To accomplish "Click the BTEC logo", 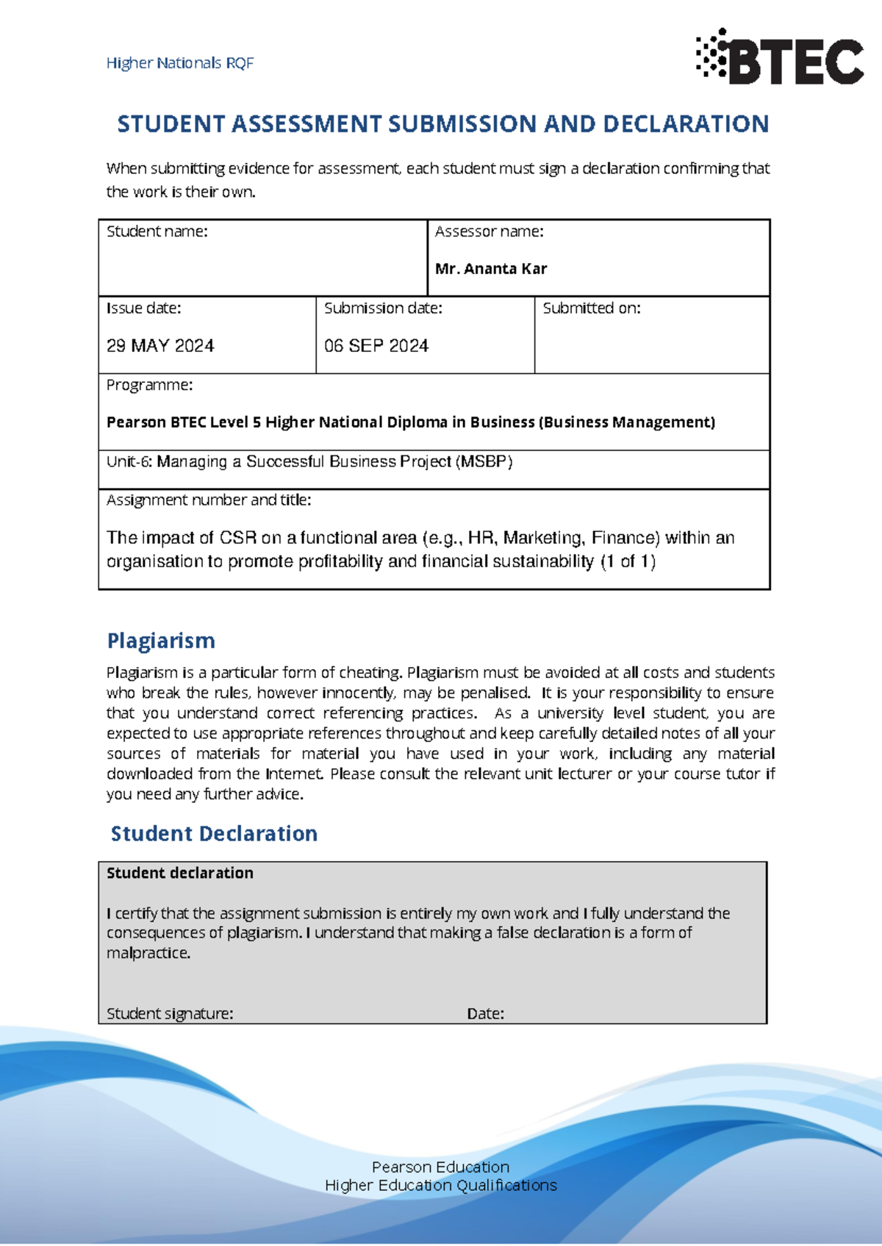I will click(781, 58).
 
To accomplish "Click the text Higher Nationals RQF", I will click(180, 63).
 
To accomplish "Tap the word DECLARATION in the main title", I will click(685, 124).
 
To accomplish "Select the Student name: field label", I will click(157, 232).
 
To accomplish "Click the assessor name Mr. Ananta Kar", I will click(491, 269).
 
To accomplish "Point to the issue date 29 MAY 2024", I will click(160, 346).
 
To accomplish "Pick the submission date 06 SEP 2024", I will click(376, 346).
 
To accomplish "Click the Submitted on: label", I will click(592, 309).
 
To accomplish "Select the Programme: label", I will click(150, 385).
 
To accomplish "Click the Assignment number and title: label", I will click(209, 500).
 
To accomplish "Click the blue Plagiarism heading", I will click(161, 641).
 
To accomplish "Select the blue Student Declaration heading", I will click(214, 834).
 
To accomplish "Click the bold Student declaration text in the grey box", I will click(180, 874).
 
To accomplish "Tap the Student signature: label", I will click(170, 1014).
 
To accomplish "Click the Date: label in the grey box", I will click(485, 1014).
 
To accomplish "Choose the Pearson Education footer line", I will click(440, 1167).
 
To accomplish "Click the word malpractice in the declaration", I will click(148, 954).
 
